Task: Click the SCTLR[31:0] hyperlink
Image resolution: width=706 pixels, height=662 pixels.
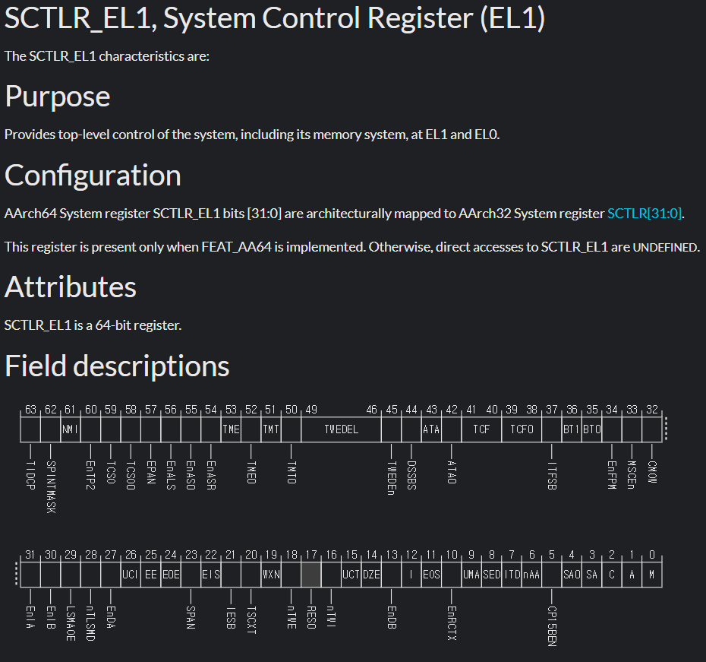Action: tap(645, 214)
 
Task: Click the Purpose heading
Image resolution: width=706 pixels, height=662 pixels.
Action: tap(58, 97)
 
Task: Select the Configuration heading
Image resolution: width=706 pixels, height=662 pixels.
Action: tap(93, 176)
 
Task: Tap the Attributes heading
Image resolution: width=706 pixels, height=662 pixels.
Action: tap(71, 287)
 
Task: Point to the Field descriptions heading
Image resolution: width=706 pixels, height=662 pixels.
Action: tap(117, 366)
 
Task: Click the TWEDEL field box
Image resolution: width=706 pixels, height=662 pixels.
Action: tap(341, 429)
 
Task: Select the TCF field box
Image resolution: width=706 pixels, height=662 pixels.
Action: tap(481, 429)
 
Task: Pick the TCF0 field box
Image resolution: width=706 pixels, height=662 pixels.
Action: tap(522, 429)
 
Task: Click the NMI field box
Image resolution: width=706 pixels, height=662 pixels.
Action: tap(71, 429)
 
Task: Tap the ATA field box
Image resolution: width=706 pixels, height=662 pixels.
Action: tap(431, 429)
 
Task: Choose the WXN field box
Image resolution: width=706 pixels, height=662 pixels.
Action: tap(271, 575)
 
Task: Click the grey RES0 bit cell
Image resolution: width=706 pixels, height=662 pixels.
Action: tap(311, 575)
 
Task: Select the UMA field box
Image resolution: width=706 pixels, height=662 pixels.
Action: tap(471, 575)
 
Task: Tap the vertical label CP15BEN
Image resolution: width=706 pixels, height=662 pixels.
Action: tap(552, 625)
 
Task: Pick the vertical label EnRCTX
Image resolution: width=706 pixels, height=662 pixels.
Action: tap(452, 622)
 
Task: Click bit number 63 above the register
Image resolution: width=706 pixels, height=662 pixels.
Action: tap(30, 410)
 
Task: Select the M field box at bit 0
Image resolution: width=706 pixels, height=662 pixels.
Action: tap(651, 575)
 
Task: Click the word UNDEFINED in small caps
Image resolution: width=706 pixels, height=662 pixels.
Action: tap(665, 248)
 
